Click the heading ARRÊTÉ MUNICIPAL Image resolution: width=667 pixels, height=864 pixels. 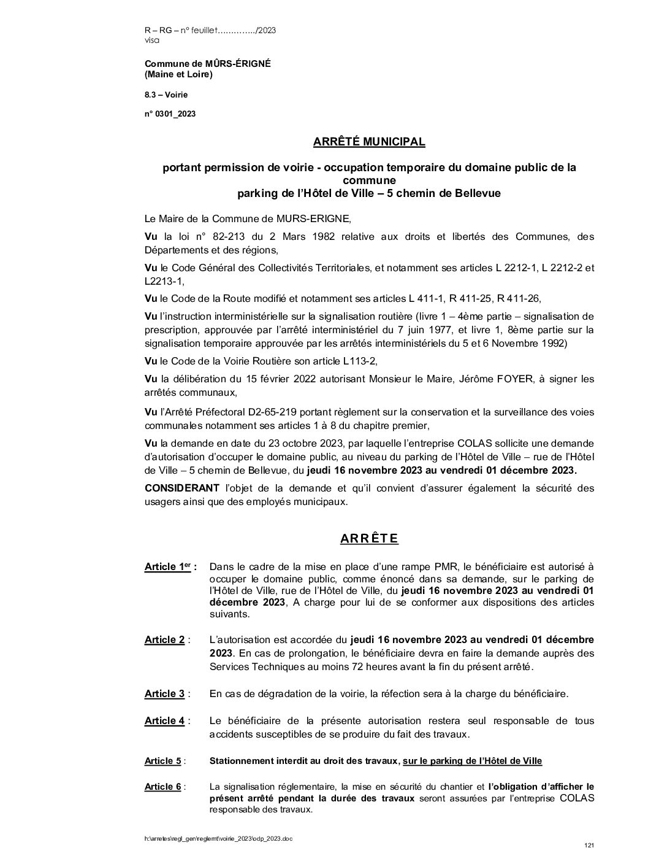point(369,142)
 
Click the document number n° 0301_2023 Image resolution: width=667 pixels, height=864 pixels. point(170,114)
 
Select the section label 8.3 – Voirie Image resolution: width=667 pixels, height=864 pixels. point(166,94)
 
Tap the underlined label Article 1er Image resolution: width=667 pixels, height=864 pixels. point(167,567)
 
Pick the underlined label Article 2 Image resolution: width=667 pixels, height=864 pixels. point(164,640)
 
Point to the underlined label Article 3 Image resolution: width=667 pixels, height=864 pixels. point(164,694)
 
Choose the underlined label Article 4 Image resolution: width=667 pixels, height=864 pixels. point(164,721)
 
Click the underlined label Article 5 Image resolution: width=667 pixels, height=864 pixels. point(162,761)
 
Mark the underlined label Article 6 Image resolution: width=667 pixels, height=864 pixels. point(162,787)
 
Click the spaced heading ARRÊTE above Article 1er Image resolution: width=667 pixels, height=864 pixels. point(369,539)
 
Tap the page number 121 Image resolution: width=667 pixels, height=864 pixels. point(589,846)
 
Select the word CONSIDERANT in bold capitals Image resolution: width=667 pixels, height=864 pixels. point(181,488)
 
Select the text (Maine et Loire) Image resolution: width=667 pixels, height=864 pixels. point(178,75)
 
